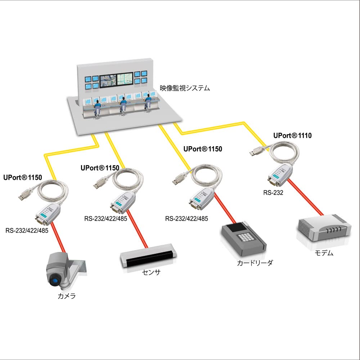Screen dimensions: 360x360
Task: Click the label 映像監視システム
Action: (x=185, y=88)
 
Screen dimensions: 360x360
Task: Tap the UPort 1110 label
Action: (x=292, y=136)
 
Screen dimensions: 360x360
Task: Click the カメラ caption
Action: (x=67, y=296)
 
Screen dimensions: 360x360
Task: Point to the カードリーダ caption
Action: (x=255, y=263)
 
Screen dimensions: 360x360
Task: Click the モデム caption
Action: (x=324, y=253)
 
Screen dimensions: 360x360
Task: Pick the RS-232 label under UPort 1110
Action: (x=273, y=193)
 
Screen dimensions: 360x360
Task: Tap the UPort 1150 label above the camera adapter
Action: (x=23, y=177)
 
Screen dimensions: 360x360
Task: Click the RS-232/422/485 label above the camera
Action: (x=27, y=230)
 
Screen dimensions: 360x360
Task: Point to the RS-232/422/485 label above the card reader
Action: (x=186, y=219)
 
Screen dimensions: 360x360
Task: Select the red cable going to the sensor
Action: (x=138, y=230)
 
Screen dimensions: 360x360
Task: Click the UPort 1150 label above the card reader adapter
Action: (x=203, y=149)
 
